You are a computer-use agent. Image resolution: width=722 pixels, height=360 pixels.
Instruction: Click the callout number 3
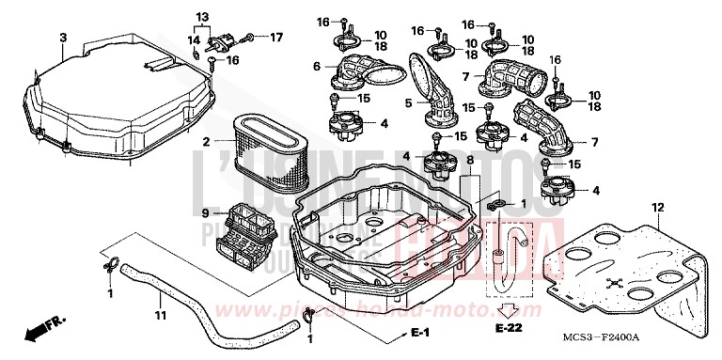click(x=63, y=38)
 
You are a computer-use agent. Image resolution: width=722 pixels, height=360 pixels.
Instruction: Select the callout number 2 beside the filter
click(x=204, y=142)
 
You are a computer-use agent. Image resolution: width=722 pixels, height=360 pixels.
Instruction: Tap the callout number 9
click(x=203, y=212)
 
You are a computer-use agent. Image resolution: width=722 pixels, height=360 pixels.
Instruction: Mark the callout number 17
click(x=275, y=38)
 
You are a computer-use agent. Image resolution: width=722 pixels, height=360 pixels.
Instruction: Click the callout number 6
click(x=318, y=66)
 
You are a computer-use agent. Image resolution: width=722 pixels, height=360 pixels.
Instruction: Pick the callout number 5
click(x=409, y=102)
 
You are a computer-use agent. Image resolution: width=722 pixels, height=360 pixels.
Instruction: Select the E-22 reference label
click(x=508, y=329)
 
